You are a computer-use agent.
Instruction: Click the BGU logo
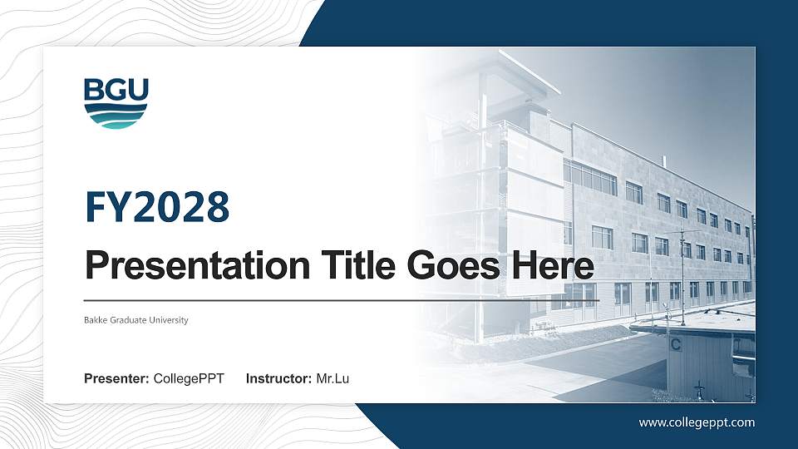click(116, 103)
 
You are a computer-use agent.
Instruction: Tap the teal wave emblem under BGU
click(116, 116)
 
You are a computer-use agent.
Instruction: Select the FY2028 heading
click(157, 207)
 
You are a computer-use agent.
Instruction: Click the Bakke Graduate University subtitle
click(136, 320)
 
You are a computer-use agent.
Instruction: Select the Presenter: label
click(116, 379)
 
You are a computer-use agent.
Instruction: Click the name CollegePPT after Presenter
click(189, 379)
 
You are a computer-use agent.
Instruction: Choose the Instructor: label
click(279, 379)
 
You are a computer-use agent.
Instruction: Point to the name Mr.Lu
click(332, 379)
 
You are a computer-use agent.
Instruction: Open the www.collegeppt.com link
click(697, 422)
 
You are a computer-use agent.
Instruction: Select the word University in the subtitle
click(170, 320)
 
